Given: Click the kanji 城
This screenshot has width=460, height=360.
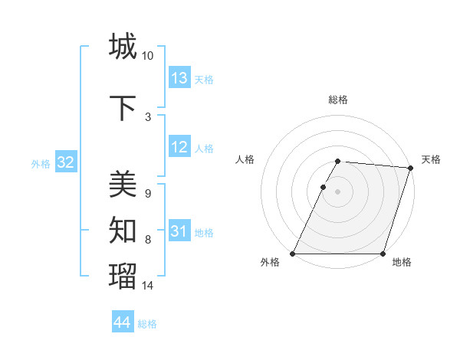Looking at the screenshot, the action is pyautogui.click(x=123, y=46).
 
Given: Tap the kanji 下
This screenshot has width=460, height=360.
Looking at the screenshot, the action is pyautogui.click(x=123, y=107).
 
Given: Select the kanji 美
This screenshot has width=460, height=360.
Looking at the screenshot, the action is pyautogui.click(x=123, y=184).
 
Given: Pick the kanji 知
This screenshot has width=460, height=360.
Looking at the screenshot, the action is pyautogui.click(x=123, y=228).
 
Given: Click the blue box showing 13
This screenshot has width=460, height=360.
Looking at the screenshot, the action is pyautogui.click(x=179, y=78).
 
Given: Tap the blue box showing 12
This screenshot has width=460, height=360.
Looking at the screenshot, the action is pyautogui.click(x=179, y=147).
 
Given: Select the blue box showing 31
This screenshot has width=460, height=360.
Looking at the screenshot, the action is pyautogui.click(x=179, y=231).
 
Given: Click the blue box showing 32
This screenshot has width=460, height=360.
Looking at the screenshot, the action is pyautogui.click(x=65, y=162).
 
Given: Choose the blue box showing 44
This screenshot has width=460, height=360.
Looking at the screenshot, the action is pyautogui.click(x=122, y=322).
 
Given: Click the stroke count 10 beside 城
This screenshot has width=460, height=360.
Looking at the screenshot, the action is pyautogui.click(x=148, y=56).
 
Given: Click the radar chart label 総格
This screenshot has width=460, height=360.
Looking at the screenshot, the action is pyautogui.click(x=338, y=100).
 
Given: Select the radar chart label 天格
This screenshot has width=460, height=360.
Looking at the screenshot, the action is pyautogui.click(x=431, y=159).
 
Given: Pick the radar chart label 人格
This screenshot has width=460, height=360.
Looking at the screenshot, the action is pyautogui.click(x=245, y=159).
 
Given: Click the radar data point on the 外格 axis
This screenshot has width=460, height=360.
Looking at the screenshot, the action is pyautogui.click(x=293, y=254).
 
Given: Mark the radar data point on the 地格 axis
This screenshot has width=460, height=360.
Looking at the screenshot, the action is pyautogui.click(x=383, y=254).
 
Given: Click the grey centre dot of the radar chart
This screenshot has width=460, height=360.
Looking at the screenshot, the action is pyautogui.click(x=338, y=192).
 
